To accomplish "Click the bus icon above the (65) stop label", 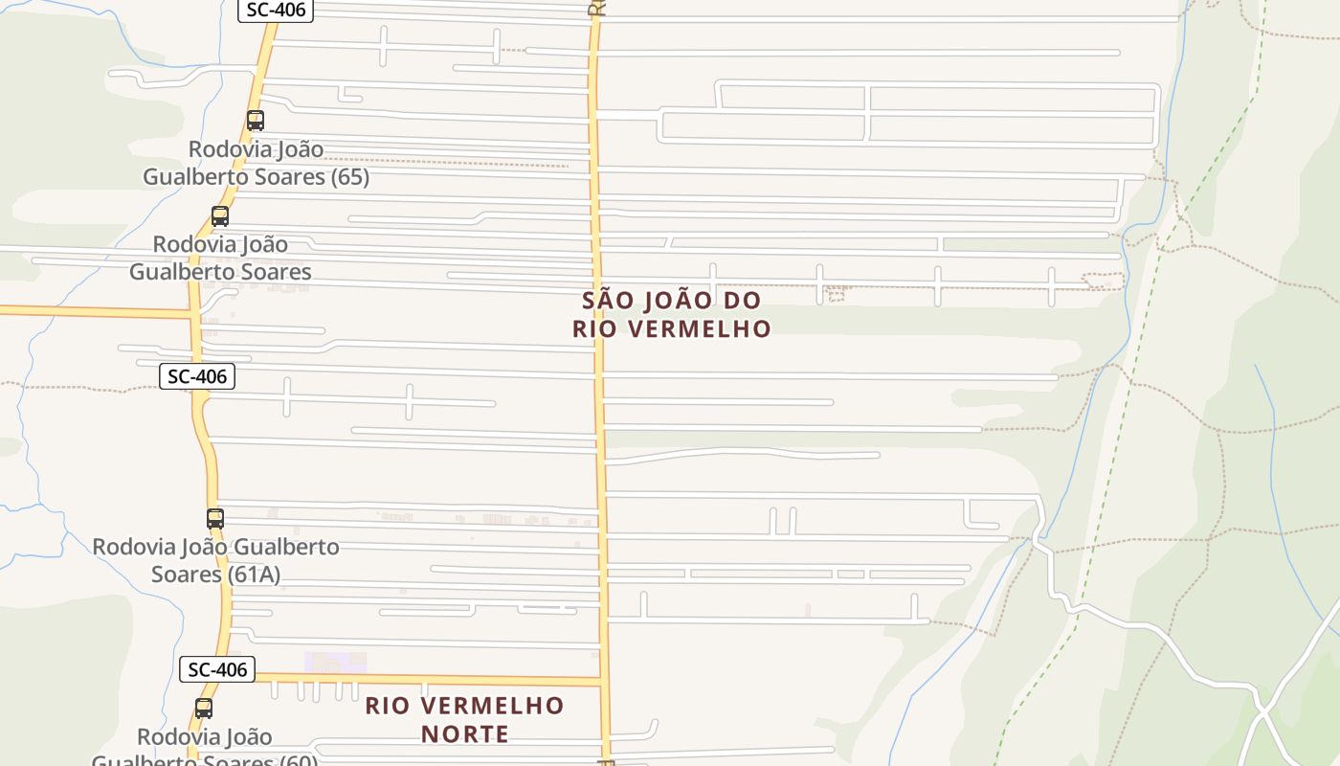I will coord(256,121).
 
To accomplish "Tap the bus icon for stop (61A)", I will coord(215,519).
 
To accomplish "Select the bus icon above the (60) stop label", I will coord(204,709).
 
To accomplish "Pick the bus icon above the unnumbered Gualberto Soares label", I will coord(220,216).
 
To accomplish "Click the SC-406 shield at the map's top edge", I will coord(276,10).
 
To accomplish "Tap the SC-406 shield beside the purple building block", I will coord(217,669).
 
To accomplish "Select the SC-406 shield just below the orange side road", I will coord(197,376).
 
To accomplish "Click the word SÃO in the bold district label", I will coord(609,301).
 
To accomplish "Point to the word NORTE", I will coord(464,734).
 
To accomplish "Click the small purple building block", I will coord(335,662).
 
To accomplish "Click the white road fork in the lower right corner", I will coord(1263,712).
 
